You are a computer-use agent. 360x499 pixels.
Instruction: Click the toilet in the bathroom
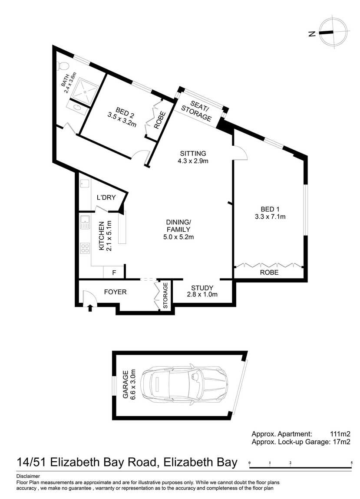pyautogui.click(x=63, y=66)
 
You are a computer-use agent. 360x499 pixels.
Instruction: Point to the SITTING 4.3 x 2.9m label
pyautogui.click(x=193, y=157)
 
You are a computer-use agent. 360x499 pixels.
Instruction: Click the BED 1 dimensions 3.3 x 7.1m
pyautogui.click(x=270, y=217)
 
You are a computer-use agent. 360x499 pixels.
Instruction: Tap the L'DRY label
pyautogui.click(x=106, y=197)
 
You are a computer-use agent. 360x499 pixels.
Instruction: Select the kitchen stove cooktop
pyautogui.click(x=85, y=248)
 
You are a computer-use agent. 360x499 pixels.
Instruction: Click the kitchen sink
pyautogui.click(x=85, y=222)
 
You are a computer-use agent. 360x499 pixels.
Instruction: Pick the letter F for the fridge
pyautogui.click(x=114, y=273)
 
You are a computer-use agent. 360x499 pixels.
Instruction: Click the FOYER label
pyautogui.click(x=116, y=292)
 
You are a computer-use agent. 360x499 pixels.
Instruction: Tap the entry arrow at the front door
pyautogui.click(x=90, y=308)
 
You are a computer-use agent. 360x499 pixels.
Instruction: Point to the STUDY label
pyautogui.click(x=202, y=288)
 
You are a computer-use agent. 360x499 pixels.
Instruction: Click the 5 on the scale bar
pyautogui.click(x=351, y=463)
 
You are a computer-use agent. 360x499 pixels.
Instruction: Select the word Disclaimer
pyautogui.click(x=28, y=476)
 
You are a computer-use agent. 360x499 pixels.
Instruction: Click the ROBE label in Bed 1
pyautogui.click(x=269, y=272)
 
